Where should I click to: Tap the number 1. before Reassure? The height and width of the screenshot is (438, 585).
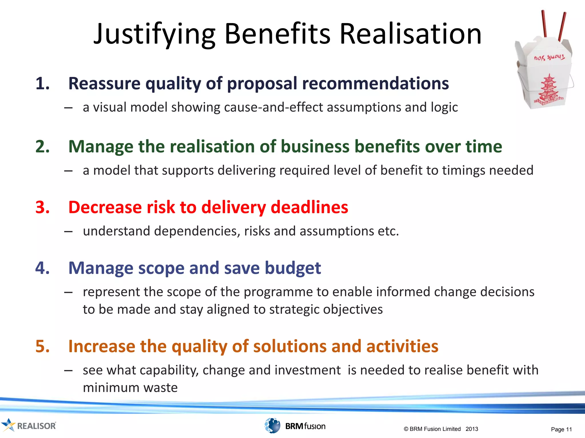[x=43, y=84]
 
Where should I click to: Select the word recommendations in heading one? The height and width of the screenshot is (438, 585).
[x=375, y=84]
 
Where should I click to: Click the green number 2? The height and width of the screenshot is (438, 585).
[x=43, y=147]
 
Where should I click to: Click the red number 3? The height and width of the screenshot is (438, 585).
[x=43, y=207]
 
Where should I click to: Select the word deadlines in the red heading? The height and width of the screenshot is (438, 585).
[x=309, y=207]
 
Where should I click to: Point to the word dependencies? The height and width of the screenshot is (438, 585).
[x=197, y=231]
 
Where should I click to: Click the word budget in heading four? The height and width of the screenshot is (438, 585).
[x=293, y=268]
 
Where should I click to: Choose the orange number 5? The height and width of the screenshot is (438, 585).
[x=43, y=346]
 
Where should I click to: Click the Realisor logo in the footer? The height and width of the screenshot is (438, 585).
[x=29, y=426]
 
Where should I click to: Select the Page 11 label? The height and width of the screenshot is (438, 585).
[x=561, y=429]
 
